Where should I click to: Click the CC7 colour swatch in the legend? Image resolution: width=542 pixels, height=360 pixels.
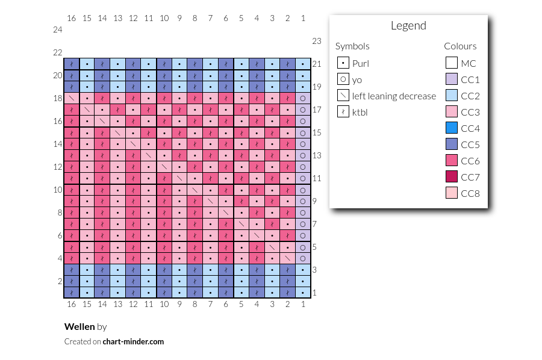[452, 176]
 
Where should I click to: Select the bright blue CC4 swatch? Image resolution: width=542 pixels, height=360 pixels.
[452, 128]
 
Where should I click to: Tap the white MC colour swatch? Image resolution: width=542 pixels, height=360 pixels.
[452, 63]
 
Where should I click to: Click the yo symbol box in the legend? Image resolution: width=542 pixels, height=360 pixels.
[343, 79]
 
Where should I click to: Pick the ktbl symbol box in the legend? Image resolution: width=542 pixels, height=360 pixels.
[343, 111]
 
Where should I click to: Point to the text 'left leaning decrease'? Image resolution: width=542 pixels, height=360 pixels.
[394, 96]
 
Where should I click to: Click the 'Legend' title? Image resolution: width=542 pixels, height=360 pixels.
[408, 25]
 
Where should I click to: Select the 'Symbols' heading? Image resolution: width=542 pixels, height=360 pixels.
[352, 46]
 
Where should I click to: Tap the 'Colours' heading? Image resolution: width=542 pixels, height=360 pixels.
[460, 46]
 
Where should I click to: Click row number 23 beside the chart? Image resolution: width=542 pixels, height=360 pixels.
[317, 41]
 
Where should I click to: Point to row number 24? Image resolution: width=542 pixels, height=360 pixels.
[58, 29]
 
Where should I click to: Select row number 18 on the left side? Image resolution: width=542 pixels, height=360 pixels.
[58, 98]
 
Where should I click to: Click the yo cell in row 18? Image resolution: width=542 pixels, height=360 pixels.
[303, 98]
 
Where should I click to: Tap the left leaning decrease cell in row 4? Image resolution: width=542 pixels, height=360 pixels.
[287, 258]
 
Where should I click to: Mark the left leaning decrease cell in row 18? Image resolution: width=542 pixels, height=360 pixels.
[72, 98]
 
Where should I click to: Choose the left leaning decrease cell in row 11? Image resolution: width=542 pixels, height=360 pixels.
[179, 178]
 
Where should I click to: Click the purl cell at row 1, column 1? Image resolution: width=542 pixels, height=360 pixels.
[303, 293]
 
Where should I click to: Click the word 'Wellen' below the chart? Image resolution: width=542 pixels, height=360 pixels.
[79, 326]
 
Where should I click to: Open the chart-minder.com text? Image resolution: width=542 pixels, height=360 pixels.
[133, 342]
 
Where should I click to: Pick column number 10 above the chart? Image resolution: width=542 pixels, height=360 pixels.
[164, 18]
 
